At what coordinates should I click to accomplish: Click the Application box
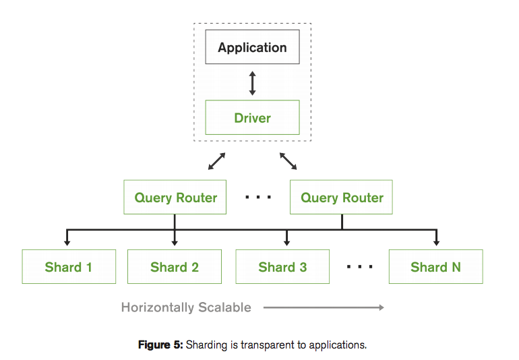pyautogui.click(x=252, y=48)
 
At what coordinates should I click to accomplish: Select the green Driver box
pyautogui.click(x=252, y=118)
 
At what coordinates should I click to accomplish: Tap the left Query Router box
pyautogui.click(x=175, y=198)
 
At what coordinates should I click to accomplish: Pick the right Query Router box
pyautogui.click(x=341, y=198)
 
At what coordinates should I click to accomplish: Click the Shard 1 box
pyautogui.click(x=69, y=267)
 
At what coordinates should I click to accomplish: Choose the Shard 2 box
pyautogui.click(x=175, y=267)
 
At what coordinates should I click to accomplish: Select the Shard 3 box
pyautogui.click(x=282, y=267)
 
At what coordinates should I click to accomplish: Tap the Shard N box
pyautogui.click(x=435, y=267)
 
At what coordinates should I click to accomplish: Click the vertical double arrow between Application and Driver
pyautogui.click(x=252, y=82)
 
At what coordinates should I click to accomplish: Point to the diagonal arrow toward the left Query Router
pyautogui.click(x=216, y=161)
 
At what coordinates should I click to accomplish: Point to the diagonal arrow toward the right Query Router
pyautogui.click(x=288, y=161)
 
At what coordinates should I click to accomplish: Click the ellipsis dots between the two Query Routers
pyautogui.click(x=258, y=198)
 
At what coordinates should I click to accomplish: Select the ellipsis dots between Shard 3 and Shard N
pyautogui.click(x=360, y=267)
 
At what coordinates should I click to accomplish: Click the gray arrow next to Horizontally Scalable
pyautogui.click(x=324, y=307)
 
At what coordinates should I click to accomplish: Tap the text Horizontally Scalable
pyautogui.click(x=186, y=307)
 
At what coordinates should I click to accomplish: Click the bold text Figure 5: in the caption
pyautogui.click(x=160, y=345)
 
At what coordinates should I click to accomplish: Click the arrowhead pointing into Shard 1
pyautogui.click(x=67, y=243)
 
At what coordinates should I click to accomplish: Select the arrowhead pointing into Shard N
pyautogui.click(x=436, y=243)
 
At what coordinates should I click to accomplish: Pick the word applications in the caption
pyautogui.click(x=338, y=345)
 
